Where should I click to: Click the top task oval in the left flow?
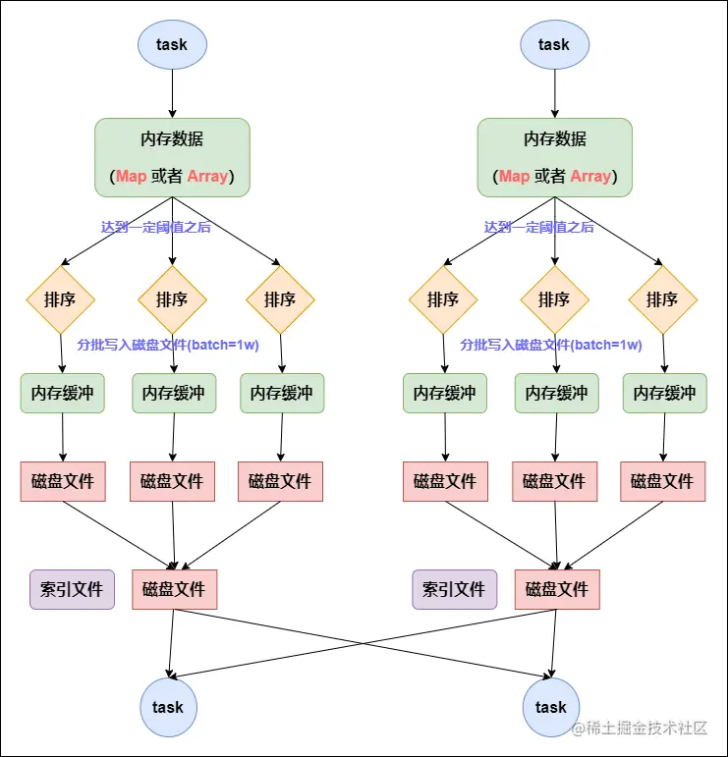[172, 44]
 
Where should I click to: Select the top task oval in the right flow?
[554, 44]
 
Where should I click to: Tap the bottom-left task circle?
[168, 707]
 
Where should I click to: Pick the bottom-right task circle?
[551, 707]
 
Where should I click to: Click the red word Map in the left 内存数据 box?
[131, 177]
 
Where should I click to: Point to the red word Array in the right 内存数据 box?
[590, 177]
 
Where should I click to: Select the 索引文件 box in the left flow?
[72, 589]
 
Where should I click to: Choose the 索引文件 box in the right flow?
[454, 589]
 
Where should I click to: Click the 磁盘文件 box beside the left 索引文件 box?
[174, 589]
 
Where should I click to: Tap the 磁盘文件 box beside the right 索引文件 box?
[557, 589]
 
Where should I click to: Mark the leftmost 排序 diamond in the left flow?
[61, 299]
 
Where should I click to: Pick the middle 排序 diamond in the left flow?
[172, 299]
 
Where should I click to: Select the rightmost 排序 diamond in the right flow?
[662, 299]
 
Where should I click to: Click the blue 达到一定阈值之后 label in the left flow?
[155, 227]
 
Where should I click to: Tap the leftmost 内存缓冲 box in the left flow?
[62, 393]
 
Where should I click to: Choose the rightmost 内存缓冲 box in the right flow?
[664, 393]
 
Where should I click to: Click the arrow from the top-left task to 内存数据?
[172, 93]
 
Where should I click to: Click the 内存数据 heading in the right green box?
[555, 138]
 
